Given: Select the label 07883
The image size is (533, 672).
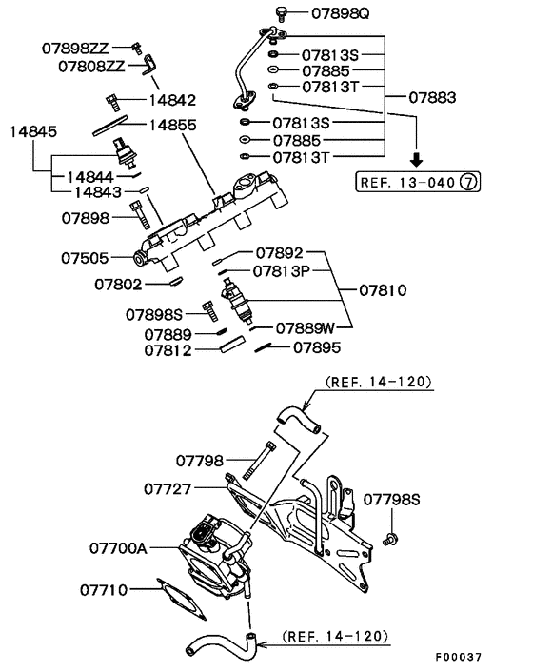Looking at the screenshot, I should [x=432, y=98].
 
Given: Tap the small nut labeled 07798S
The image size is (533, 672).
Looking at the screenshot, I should [x=389, y=540].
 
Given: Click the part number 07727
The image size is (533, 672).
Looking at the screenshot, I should [x=170, y=488].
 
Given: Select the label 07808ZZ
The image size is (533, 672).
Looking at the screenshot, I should [x=91, y=67].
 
